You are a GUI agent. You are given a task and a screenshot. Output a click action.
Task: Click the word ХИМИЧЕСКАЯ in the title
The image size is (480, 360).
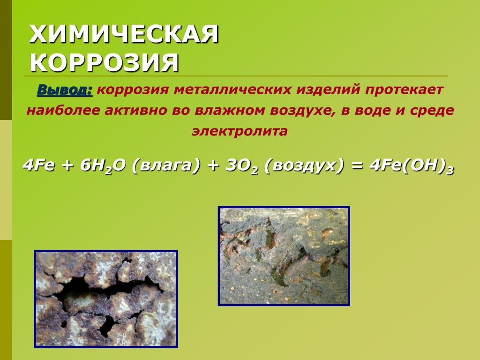(x=124, y=34)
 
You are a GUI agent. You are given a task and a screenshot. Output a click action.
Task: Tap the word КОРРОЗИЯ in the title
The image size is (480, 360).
(x=105, y=63)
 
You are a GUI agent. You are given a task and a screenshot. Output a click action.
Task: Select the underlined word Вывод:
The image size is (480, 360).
(x=65, y=90)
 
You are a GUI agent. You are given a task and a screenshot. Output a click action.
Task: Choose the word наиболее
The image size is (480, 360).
(x=63, y=111)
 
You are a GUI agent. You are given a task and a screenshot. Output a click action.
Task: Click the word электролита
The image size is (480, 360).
(x=240, y=131)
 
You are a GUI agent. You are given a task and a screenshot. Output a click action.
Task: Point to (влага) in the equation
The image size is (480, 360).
(x=166, y=166)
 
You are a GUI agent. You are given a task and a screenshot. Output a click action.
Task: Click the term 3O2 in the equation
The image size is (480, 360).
(x=241, y=166)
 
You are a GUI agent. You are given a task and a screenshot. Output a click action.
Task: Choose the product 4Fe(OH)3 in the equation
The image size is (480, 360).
(x=411, y=166)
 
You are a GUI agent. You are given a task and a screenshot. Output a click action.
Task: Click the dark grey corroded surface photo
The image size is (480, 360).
(x=284, y=256)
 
